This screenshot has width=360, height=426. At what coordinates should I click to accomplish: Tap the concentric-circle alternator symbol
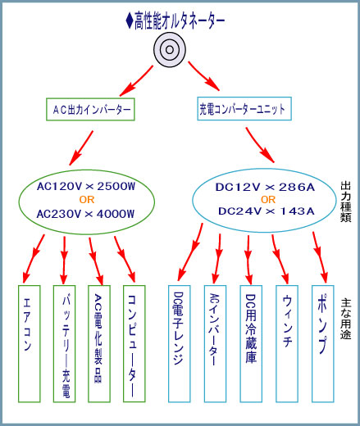[170, 49]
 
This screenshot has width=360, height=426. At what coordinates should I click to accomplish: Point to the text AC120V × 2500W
[86, 187]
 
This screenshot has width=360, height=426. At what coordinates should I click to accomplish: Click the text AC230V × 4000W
[86, 214]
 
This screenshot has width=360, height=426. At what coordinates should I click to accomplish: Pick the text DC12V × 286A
[265, 188]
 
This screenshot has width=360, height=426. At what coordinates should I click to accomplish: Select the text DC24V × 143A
[267, 211]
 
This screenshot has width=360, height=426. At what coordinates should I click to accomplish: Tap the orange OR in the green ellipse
[87, 200]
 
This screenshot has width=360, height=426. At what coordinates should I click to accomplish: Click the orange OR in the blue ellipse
[268, 200]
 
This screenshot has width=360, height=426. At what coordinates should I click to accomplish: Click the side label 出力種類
[346, 202]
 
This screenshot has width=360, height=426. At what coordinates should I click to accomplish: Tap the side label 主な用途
[346, 319]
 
